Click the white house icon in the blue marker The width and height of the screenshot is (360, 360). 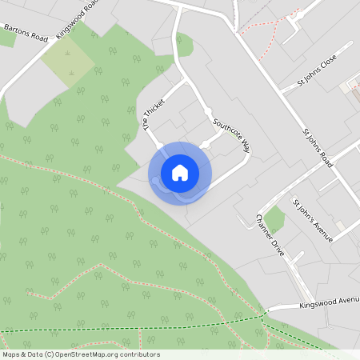point(179,173)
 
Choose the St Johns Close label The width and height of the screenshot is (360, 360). point(317,71)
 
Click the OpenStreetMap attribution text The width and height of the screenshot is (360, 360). point(81,354)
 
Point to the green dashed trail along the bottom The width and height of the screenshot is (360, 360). point(120,330)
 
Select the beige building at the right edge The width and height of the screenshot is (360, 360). point(350,86)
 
